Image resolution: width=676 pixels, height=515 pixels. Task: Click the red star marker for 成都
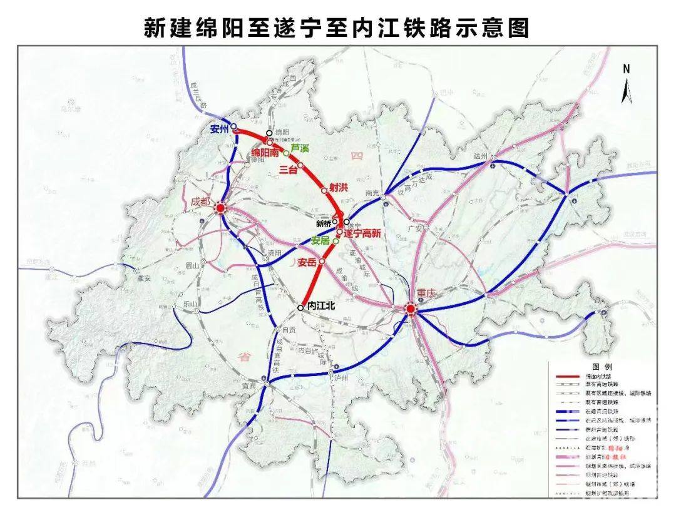(x=220, y=209)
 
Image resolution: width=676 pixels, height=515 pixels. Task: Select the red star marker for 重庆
(x=410, y=309)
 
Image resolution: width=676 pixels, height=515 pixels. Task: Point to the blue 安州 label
(x=220, y=130)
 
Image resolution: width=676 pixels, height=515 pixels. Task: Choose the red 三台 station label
(x=287, y=170)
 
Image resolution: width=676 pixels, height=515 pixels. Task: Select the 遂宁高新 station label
(x=362, y=233)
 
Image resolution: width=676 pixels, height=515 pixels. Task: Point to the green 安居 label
(x=320, y=240)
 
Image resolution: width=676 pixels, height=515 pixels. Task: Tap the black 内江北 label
(x=322, y=307)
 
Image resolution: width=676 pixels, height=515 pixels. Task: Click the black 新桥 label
(x=323, y=223)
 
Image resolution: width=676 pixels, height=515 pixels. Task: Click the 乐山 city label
(x=190, y=304)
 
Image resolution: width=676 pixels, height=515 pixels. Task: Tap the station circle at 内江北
(x=300, y=307)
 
